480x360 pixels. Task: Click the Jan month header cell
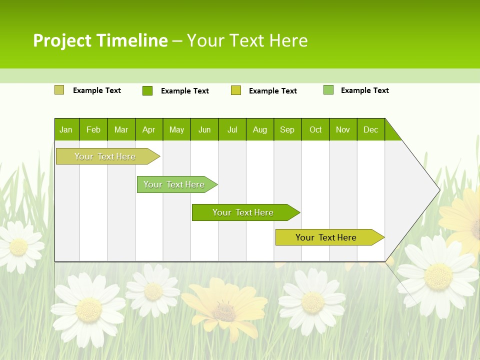coord(66,129)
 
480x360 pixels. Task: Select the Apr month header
coord(148,129)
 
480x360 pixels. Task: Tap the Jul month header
coord(232,129)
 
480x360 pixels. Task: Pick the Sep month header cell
coord(287,129)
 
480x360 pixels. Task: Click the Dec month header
coord(370,129)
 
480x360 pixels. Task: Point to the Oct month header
coord(315,129)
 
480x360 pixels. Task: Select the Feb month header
coord(93,129)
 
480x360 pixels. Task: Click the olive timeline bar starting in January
coord(105,156)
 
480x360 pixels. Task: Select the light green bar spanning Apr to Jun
coord(174,184)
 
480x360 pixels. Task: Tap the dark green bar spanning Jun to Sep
coord(243,212)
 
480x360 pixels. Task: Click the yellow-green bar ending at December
coord(326,237)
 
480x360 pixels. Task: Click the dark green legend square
coord(147,90)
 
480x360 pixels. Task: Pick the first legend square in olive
coord(59,90)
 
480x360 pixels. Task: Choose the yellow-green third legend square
coord(236,90)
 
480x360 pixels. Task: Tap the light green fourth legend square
coord(328,90)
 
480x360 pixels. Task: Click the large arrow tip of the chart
coord(434,190)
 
